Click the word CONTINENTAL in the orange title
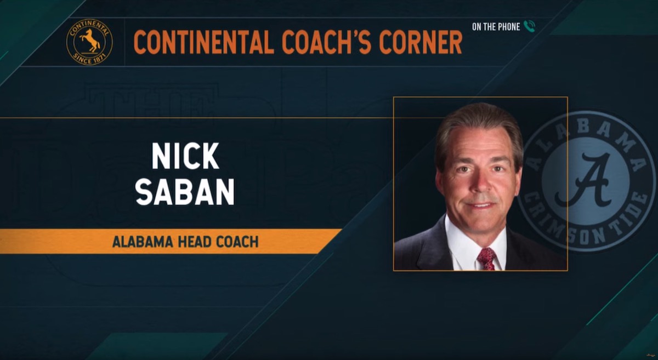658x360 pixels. point(204,42)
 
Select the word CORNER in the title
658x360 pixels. point(421,42)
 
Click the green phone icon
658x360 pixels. point(529,26)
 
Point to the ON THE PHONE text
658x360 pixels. point(496,27)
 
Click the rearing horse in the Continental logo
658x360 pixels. point(90,41)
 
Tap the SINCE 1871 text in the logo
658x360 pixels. point(89,59)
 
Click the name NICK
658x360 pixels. point(185,156)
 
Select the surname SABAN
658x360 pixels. point(185,192)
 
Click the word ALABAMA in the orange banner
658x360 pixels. point(142,242)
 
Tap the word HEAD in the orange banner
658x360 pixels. point(195,242)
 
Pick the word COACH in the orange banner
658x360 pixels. point(237,242)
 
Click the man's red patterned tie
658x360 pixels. point(486,259)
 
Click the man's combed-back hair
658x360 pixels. point(479,126)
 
